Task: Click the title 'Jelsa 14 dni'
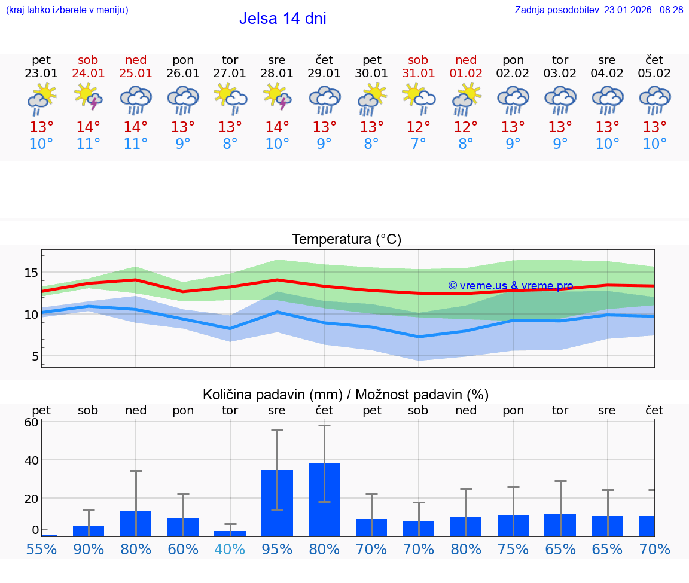pyautogui.click(x=282, y=19)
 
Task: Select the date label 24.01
pyautogui.click(x=89, y=74)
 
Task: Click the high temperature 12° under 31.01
pyautogui.click(x=418, y=127)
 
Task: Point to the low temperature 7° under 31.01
pyautogui.click(x=418, y=144)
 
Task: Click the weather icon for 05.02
pyautogui.click(x=654, y=99)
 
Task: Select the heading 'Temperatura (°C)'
pyautogui.click(x=346, y=239)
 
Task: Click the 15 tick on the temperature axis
pyautogui.click(x=31, y=273)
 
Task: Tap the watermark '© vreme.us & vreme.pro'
pyautogui.click(x=510, y=286)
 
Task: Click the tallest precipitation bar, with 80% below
pyautogui.click(x=324, y=499)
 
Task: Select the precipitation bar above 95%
pyautogui.click(x=277, y=503)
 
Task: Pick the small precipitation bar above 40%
pyautogui.click(x=230, y=533)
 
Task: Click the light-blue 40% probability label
pyautogui.click(x=230, y=549)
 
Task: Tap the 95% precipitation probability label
pyautogui.click(x=277, y=549)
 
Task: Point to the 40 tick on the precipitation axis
pyautogui.click(x=31, y=460)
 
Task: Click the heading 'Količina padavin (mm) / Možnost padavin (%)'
pyautogui.click(x=346, y=395)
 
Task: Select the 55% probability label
pyautogui.click(x=41, y=549)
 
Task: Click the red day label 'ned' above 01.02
pyautogui.click(x=466, y=60)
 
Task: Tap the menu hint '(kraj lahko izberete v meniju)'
pyautogui.click(x=67, y=10)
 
